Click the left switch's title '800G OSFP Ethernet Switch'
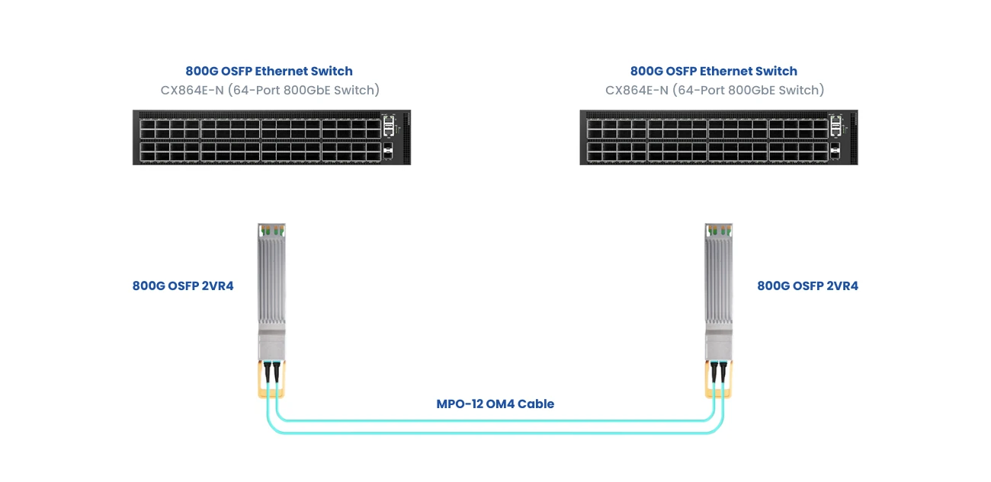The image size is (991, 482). pyautogui.click(x=269, y=72)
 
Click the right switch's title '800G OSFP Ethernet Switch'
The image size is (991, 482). pyautogui.click(x=714, y=72)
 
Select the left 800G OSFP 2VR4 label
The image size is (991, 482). pyautogui.click(x=183, y=286)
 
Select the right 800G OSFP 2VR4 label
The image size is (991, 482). pyautogui.click(x=807, y=286)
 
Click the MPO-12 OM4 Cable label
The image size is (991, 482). pyautogui.click(x=495, y=404)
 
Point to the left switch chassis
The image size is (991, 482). pyautogui.click(x=259, y=138)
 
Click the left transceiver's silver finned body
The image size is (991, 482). pyautogui.click(x=271, y=282)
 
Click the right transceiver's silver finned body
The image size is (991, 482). pyautogui.click(x=718, y=282)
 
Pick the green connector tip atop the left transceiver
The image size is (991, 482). pyautogui.click(x=271, y=229)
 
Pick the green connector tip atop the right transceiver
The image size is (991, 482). pyautogui.click(x=718, y=229)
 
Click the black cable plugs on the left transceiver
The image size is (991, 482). pyautogui.click(x=272, y=371)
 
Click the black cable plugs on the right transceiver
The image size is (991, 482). pyautogui.click(x=717, y=371)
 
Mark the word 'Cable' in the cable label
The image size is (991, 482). pyautogui.click(x=536, y=404)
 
